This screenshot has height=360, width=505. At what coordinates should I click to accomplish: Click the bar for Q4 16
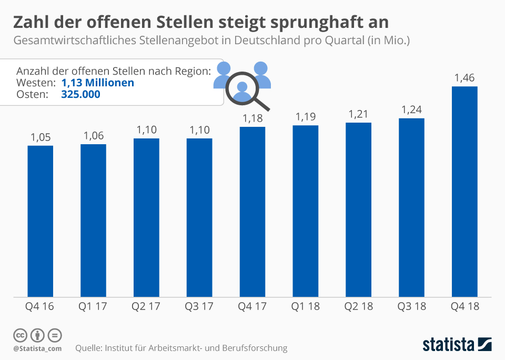[x=41, y=221]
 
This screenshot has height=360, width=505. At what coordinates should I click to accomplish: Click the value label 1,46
[x=464, y=78]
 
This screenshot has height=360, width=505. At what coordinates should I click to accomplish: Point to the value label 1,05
[x=41, y=137]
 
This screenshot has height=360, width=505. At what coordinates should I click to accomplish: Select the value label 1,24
[x=411, y=110]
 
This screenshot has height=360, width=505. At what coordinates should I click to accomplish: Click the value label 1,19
[x=306, y=117]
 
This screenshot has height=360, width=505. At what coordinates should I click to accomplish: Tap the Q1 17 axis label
[x=93, y=306]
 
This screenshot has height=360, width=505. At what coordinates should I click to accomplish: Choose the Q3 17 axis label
[x=199, y=306]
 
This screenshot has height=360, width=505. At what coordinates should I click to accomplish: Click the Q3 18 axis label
[x=411, y=306]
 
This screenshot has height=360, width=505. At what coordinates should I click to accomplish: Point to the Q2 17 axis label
[x=146, y=306]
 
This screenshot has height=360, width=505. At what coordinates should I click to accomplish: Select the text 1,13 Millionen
[x=97, y=83]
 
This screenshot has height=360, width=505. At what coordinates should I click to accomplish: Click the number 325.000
[x=80, y=94]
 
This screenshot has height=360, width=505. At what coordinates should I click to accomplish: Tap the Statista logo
[x=457, y=345]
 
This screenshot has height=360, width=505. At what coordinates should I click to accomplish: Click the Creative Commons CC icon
[x=21, y=335]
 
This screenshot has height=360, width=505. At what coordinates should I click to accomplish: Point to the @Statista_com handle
[x=37, y=348]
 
